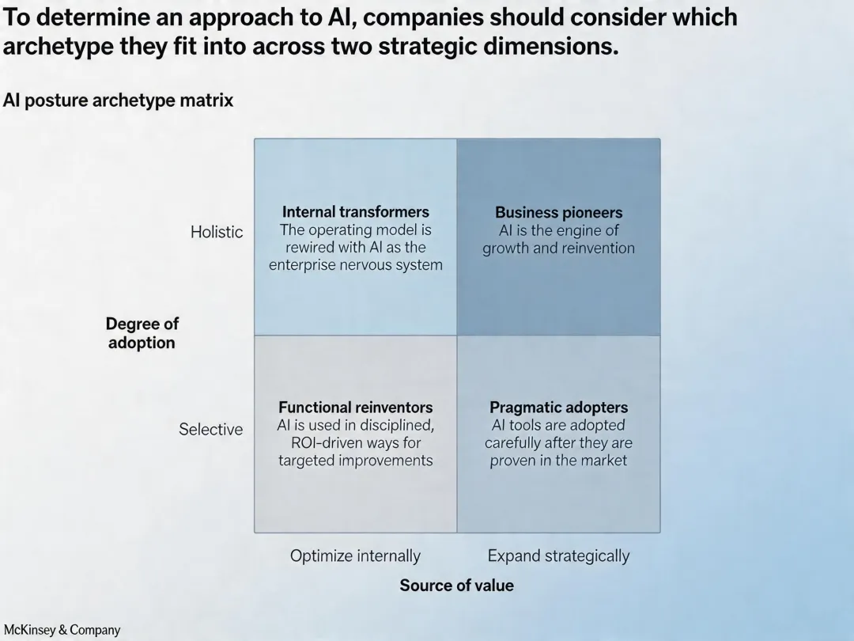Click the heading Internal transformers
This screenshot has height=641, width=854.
[355, 212]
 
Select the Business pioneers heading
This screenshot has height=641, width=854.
[558, 213]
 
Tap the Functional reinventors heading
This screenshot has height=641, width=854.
[355, 408]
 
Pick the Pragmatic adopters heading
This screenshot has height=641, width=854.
[558, 408]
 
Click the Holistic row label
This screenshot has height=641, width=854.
[217, 232]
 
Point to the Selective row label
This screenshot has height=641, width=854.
[210, 429]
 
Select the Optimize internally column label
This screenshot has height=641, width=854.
[355, 556]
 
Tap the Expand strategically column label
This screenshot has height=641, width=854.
[558, 556]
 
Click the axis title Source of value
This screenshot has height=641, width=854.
[456, 586]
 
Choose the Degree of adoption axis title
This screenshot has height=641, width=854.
[142, 333]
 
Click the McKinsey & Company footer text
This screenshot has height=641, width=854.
[62, 630]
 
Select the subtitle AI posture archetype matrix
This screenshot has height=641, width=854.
[118, 101]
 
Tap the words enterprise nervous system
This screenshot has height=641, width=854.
[355, 265]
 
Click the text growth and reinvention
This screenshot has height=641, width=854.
[558, 248]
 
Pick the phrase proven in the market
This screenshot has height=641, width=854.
[558, 461]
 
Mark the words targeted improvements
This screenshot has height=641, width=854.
[355, 461]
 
